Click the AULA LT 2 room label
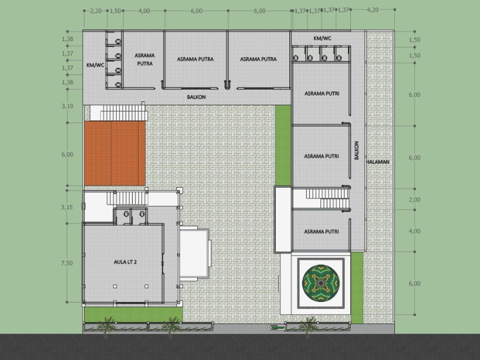[125, 262]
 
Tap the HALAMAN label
[378, 162]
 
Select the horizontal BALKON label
[196, 97]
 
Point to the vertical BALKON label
[357, 150]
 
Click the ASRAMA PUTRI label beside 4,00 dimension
[322, 232]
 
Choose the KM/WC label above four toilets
[322, 38]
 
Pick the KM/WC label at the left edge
[95, 65]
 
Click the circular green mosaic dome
[321, 283]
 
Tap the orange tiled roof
[114, 153]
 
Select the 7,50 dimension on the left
[67, 263]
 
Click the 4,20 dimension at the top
[373, 10]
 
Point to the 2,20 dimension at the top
[96, 11]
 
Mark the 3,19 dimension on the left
[67, 106]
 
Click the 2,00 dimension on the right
[414, 200]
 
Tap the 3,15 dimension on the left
[67, 207]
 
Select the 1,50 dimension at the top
[115, 11]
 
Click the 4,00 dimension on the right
[414, 231]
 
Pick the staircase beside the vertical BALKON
[327, 199]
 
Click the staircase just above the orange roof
[123, 113]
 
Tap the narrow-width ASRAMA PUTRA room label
[145, 60]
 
